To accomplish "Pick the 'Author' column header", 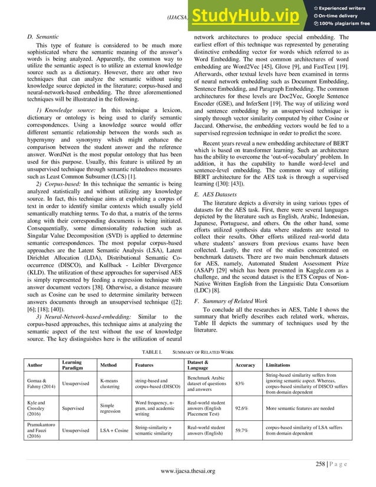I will coord(37,365).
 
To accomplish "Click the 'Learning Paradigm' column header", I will coord(74,365).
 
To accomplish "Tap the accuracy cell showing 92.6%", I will coord(242,407).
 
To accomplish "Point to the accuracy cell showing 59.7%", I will coord(242,430).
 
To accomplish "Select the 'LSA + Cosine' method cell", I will coord(114,430).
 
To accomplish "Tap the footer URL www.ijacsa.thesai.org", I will coord(187,470).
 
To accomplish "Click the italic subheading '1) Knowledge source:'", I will coord(62,110).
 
